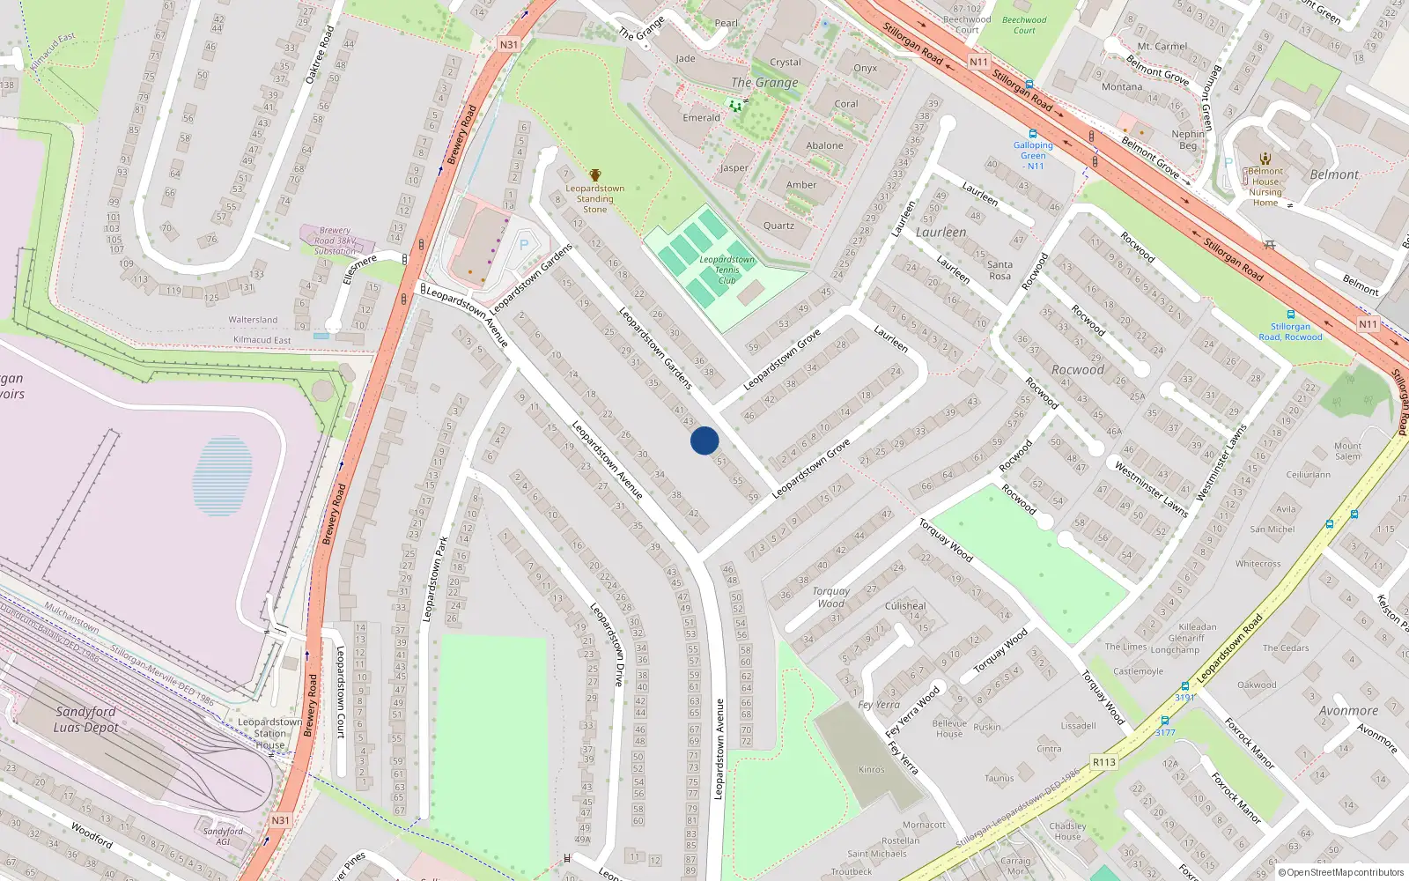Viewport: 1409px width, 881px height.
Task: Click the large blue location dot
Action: point(704,440)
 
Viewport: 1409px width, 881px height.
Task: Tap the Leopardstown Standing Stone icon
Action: point(595,175)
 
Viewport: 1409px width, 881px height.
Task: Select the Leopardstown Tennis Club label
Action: point(727,270)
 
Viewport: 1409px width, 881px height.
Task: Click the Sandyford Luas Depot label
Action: point(85,719)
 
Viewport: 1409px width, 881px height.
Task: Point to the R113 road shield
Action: point(1103,762)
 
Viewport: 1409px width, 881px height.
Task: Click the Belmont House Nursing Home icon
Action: point(1265,159)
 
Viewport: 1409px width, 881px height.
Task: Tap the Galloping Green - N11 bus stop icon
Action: point(1033,134)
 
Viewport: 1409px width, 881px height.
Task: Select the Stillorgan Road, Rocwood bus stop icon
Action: point(1290,315)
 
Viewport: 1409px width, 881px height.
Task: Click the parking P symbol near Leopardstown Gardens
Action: point(524,245)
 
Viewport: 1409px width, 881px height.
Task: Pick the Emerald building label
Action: point(701,117)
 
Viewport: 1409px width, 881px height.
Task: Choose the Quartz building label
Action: point(778,226)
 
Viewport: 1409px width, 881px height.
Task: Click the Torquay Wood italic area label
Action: point(830,597)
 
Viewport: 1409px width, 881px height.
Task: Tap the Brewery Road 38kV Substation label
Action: point(335,241)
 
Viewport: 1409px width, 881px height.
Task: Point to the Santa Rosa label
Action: point(1000,270)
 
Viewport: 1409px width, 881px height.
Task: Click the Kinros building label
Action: point(871,769)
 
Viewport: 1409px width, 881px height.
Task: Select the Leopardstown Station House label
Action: point(269,733)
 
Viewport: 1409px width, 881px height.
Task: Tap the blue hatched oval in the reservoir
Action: point(222,476)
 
